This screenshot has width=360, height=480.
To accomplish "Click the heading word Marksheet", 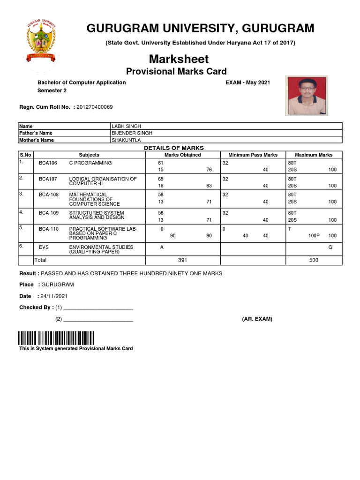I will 179,60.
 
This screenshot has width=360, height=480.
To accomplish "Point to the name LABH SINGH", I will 126,126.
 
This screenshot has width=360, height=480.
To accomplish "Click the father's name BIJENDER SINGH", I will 132,133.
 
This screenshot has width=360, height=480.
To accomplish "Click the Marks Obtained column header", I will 183,155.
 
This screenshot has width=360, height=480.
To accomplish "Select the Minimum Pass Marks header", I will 253,155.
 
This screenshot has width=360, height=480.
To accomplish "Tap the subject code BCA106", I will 47,163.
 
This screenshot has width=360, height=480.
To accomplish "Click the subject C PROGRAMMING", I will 90,163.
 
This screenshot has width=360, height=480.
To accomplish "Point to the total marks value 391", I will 183,259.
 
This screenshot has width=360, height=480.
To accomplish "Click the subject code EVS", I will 44,247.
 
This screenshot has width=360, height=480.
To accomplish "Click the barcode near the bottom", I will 56,337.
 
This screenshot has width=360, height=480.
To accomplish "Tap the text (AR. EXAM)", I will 257,319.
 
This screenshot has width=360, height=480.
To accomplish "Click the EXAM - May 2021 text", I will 248,82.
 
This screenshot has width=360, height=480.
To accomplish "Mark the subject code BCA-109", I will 48,212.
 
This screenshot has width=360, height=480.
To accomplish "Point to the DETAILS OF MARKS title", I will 173,148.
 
